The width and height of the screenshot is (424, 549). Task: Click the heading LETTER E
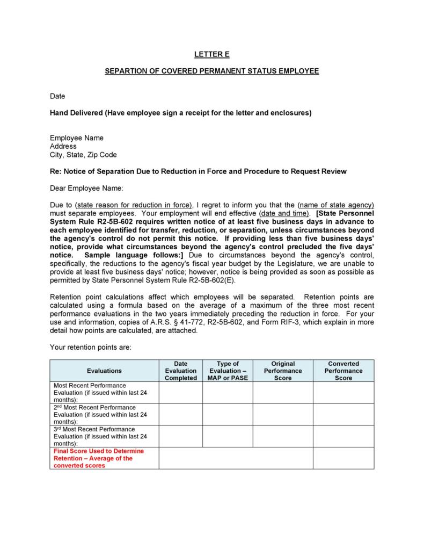click(x=211, y=54)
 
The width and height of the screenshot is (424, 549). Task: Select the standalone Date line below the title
click(x=57, y=96)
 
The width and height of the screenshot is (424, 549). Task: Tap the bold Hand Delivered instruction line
click(x=180, y=113)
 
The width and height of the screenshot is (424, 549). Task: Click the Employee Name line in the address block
click(x=77, y=138)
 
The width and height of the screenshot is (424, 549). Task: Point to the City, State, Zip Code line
click(x=83, y=155)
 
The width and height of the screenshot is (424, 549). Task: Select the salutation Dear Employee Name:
click(x=86, y=188)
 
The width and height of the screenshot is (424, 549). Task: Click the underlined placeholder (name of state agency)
click(x=336, y=205)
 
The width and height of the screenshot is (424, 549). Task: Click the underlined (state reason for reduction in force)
click(x=134, y=205)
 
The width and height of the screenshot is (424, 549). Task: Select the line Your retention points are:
click(x=90, y=347)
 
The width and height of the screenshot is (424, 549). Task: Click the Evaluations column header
click(x=104, y=371)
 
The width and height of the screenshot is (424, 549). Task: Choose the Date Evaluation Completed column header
click(x=180, y=371)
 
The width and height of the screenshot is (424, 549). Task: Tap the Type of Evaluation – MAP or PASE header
click(x=227, y=371)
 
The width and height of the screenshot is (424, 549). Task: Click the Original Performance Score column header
click(x=283, y=371)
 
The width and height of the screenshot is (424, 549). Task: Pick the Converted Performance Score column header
click(x=343, y=371)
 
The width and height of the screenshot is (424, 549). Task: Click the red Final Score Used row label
click(x=99, y=458)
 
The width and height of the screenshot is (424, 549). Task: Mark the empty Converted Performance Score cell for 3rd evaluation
click(x=343, y=436)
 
